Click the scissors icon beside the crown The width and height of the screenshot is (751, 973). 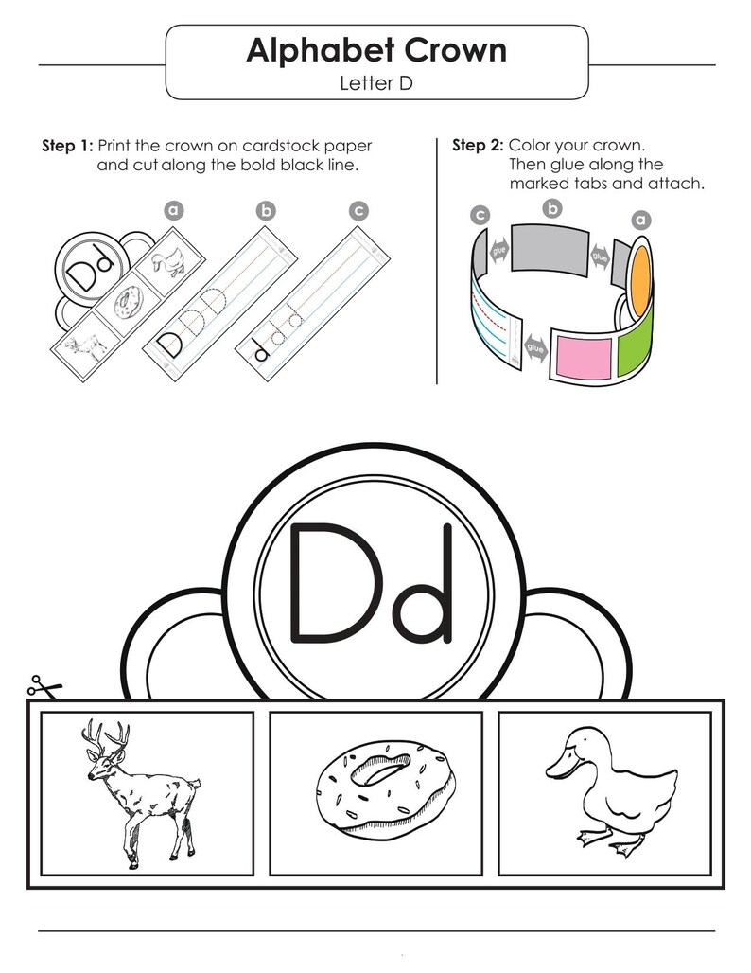pyautogui.click(x=44, y=685)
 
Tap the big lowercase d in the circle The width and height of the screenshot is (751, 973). pyautogui.click(x=422, y=582)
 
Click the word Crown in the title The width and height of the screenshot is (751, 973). pyautogui.click(x=456, y=50)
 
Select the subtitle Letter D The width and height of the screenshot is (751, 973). pyautogui.click(x=376, y=83)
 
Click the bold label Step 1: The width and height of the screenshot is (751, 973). pyautogui.click(x=67, y=146)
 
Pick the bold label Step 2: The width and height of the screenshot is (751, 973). pyautogui.click(x=479, y=145)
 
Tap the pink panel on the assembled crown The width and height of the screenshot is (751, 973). pyautogui.click(x=585, y=356)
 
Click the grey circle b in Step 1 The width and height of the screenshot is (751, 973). pyautogui.click(x=266, y=211)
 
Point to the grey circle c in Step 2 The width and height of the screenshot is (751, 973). pyautogui.click(x=480, y=215)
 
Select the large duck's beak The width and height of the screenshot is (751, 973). pyautogui.click(x=556, y=770)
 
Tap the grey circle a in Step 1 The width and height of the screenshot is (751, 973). pyautogui.click(x=174, y=210)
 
